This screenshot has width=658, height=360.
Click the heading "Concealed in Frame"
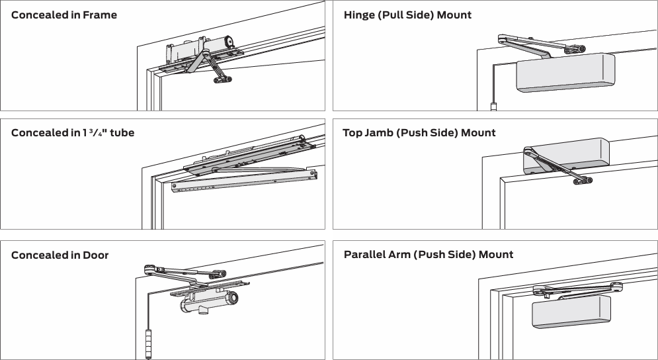tap(64, 15)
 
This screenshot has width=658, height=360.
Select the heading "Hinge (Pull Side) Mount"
tap(407, 15)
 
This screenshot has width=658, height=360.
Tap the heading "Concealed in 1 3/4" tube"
tap(73, 133)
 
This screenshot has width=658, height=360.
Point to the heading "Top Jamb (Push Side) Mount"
tap(419, 133)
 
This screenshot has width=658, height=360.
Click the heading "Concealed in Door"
tap(60, 255)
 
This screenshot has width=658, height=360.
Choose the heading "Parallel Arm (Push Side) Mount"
tap(428, 254)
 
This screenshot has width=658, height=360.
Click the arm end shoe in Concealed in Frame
tap(222, 79)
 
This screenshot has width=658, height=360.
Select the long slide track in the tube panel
tap(245, 183)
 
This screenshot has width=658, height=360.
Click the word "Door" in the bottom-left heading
tap(95, 255)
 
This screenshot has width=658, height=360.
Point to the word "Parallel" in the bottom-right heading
tap(364, 254)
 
